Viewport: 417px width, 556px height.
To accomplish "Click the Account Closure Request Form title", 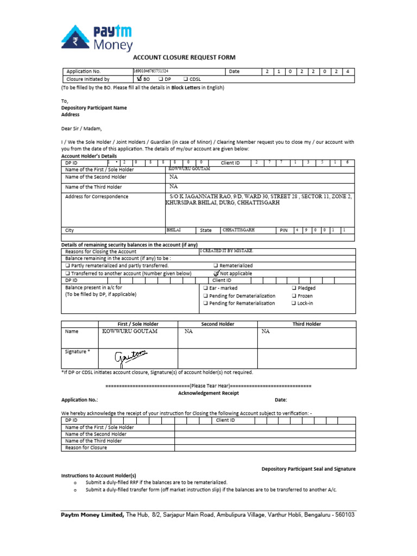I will (185, 58).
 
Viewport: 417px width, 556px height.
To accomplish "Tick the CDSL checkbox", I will (186, 79).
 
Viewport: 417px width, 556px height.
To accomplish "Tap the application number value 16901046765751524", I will (151, 71).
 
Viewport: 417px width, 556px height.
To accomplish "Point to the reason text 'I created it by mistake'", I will (226, 251).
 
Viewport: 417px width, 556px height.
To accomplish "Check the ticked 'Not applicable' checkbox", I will (216, 273).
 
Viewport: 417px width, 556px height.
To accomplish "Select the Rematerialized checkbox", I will (216, 266).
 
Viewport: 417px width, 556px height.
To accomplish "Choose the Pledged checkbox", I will (294, 288).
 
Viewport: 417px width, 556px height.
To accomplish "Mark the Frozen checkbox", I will (294, 296).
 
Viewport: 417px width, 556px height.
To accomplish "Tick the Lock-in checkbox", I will (294, 304).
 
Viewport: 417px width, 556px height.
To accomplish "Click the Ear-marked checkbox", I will (205, 288).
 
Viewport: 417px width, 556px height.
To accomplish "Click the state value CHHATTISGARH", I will (239, 230).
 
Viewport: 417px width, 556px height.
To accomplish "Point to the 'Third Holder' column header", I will (306, 324).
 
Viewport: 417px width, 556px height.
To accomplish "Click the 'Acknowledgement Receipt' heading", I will (208, 393).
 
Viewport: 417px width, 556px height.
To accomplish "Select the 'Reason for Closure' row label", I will (86, 448).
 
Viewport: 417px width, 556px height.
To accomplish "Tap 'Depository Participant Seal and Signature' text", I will (308, 469).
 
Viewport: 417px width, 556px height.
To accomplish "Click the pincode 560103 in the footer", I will (342, 514).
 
